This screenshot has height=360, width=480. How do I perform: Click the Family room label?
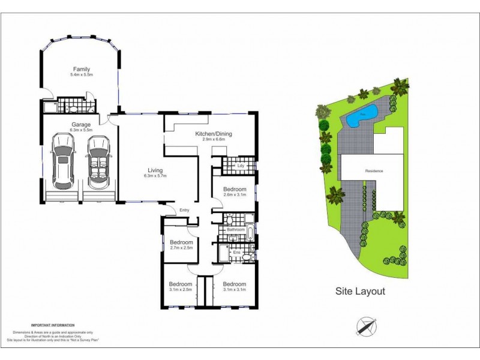point(82,69)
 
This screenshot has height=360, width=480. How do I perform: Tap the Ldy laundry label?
point(242,165)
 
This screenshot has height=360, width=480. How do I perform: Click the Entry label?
point(185,210)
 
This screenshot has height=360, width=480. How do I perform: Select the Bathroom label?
point(235,230)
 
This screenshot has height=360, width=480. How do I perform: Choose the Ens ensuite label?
point(237,253)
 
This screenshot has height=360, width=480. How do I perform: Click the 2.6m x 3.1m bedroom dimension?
point(235,195)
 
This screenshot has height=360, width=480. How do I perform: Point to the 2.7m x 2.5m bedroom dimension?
point(181,248)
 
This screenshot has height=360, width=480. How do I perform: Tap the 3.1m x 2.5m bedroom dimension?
point(180,290)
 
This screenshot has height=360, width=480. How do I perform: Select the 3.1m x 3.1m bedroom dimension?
point(234,290)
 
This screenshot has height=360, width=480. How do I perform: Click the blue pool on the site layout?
point(361,113)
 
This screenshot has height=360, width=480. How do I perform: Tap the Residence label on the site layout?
point(374,171)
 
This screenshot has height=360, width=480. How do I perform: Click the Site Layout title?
point(360,292)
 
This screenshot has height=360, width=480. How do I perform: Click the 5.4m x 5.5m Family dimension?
point(82,75)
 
